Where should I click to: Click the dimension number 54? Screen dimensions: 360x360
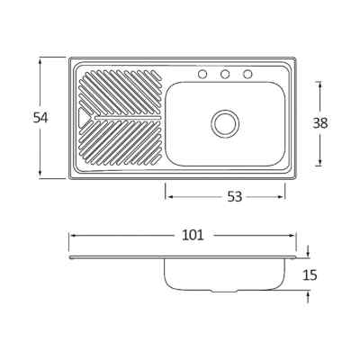(x=40, y=117)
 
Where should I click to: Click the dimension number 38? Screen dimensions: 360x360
(x=320, y=123)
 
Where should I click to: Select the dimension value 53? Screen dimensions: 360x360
(x=234, y=197)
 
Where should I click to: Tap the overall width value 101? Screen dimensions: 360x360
(x=193, y=235)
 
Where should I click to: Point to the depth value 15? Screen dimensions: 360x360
(x=310, y=274)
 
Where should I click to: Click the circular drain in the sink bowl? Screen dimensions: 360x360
(x=225, y=124)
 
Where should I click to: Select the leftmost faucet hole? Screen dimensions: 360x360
(x=202, y=74)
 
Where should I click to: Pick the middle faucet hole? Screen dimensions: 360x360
(x=225, y=74)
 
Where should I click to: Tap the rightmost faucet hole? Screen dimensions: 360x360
(x=247, y=74)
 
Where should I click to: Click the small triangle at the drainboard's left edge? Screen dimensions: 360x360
(x=82, y=117)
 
